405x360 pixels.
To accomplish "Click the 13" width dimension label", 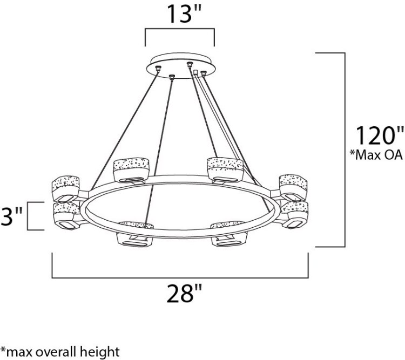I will [x=180, y=15].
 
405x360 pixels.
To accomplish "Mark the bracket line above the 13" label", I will [x=180, y=31].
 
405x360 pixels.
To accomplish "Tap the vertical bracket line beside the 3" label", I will [x=28, y=215].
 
